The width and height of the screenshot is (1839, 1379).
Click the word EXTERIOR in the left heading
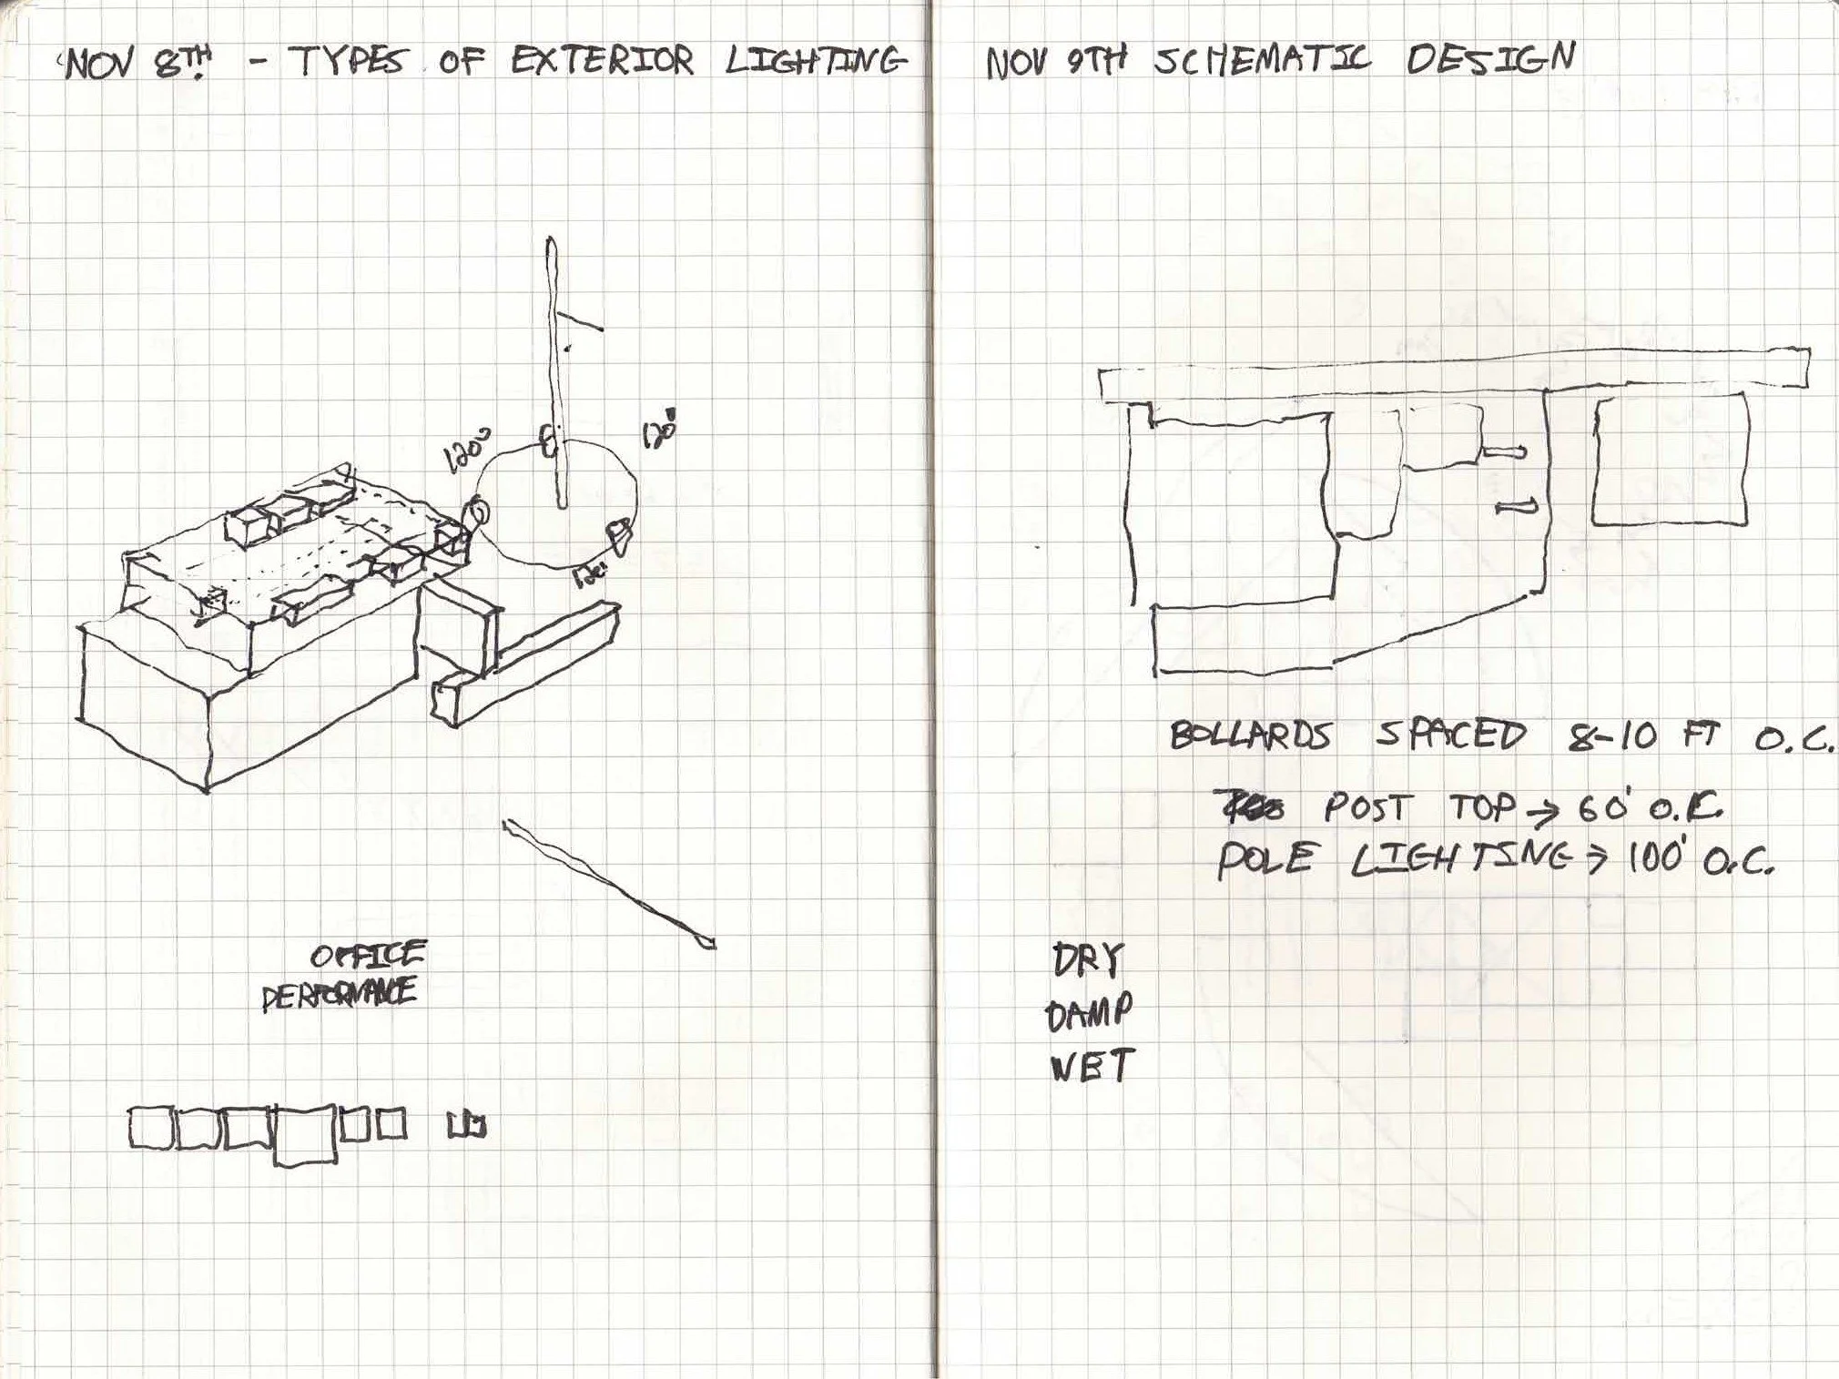point(602,61)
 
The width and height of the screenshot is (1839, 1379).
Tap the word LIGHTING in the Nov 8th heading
point(816,61)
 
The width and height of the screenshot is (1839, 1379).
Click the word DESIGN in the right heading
point(1489,59)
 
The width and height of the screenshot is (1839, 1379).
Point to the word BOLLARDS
point(1250,735)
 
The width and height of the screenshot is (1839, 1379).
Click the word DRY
point(1088,960)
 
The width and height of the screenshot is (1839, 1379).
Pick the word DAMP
point(1089,1013)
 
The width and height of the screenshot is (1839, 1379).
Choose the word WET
point(1091,1065)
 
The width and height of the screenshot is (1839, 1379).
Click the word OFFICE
point(368,955)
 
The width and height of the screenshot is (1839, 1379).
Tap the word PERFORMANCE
point(339,994)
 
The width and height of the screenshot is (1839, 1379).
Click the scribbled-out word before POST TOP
point(1251,806)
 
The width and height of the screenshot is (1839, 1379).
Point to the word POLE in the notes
point(1264,859)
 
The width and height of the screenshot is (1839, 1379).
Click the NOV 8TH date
point(137,64)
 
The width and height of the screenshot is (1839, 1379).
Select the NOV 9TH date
point(1055,62)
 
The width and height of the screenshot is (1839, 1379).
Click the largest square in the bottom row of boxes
point(305,1134)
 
